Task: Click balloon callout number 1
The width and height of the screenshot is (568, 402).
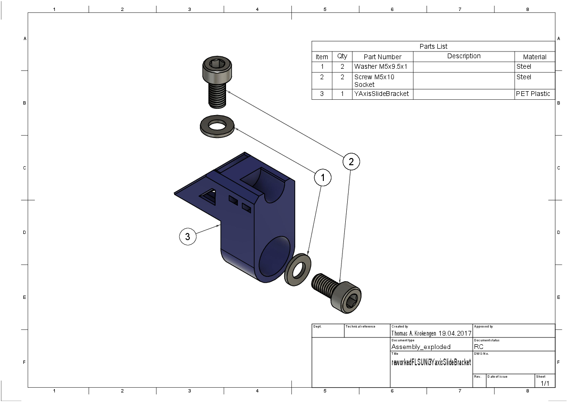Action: pyautogui.click(x=322, y=177)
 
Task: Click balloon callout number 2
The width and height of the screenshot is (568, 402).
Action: pyautogui.click(x=351, y=161)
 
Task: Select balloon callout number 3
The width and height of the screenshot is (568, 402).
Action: pyautogui.click(x=187, y=236)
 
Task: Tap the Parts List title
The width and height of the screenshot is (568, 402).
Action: pyautogui.click(x=433, y=46)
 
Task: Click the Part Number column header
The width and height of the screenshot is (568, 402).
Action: pyautogui.click(x=382, y=57)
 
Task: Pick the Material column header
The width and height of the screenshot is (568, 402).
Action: pyautogui.click(x=535, y=57)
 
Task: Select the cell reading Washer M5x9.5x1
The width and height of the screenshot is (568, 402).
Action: pyautogui.click(x=381, y=67)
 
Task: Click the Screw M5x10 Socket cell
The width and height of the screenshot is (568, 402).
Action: pyautogui.click(x=374, y=81)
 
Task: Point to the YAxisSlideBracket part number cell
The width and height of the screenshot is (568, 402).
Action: pyautogui.click(x=382, y=94)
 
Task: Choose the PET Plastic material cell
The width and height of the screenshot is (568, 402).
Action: pyautogui.click(x=533, y=94)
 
